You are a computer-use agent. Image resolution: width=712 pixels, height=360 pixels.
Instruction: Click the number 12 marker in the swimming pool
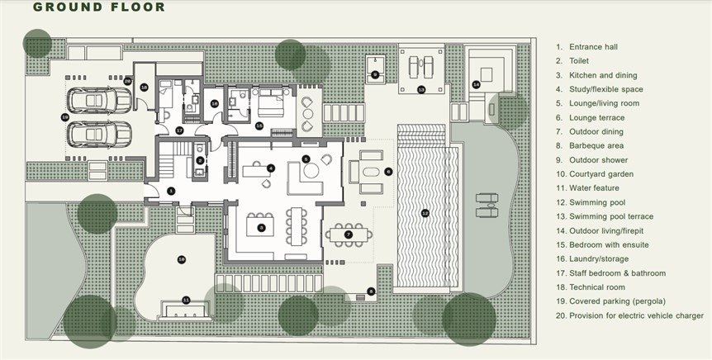(x=425, y=212)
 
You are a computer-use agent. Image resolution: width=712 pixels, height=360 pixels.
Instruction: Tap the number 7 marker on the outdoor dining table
(x=349, y=234)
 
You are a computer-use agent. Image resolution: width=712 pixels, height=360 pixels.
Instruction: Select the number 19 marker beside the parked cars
(x=64, y=117)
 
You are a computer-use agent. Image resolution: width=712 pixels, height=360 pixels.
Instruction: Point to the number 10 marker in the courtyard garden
(x=182, y=259)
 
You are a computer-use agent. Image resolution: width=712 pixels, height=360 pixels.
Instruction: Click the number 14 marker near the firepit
(x=476, y=84)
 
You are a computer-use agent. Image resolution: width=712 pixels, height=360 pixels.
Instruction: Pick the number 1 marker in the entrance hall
(x=171, y=191)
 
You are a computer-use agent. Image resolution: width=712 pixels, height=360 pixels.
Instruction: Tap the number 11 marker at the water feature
(x=186, y=300)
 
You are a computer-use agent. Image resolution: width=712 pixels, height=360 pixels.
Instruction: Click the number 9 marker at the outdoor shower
(x=375, y=74)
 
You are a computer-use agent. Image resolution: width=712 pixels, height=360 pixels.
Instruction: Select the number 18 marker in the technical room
(x=144, y=88)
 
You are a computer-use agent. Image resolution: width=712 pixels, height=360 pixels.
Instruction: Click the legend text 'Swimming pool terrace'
(x=611, y=216)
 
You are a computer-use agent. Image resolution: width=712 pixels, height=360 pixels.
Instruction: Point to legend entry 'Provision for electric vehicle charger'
(x=636, y=315)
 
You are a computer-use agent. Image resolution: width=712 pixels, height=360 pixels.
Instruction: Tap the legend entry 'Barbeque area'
(x=596, y=145)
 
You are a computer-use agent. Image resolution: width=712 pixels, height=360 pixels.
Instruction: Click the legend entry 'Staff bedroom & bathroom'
(x=618, y=273)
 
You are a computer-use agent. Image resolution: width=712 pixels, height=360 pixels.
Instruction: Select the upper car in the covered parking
(x=99, y=101)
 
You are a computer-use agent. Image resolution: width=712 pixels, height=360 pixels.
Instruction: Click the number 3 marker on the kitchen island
(x=261, y=227)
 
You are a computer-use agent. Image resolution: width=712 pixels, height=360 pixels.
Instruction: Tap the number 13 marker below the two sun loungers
(x=421, y=89)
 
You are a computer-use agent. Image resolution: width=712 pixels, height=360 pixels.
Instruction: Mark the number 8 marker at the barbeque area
(x=371, y=291)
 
